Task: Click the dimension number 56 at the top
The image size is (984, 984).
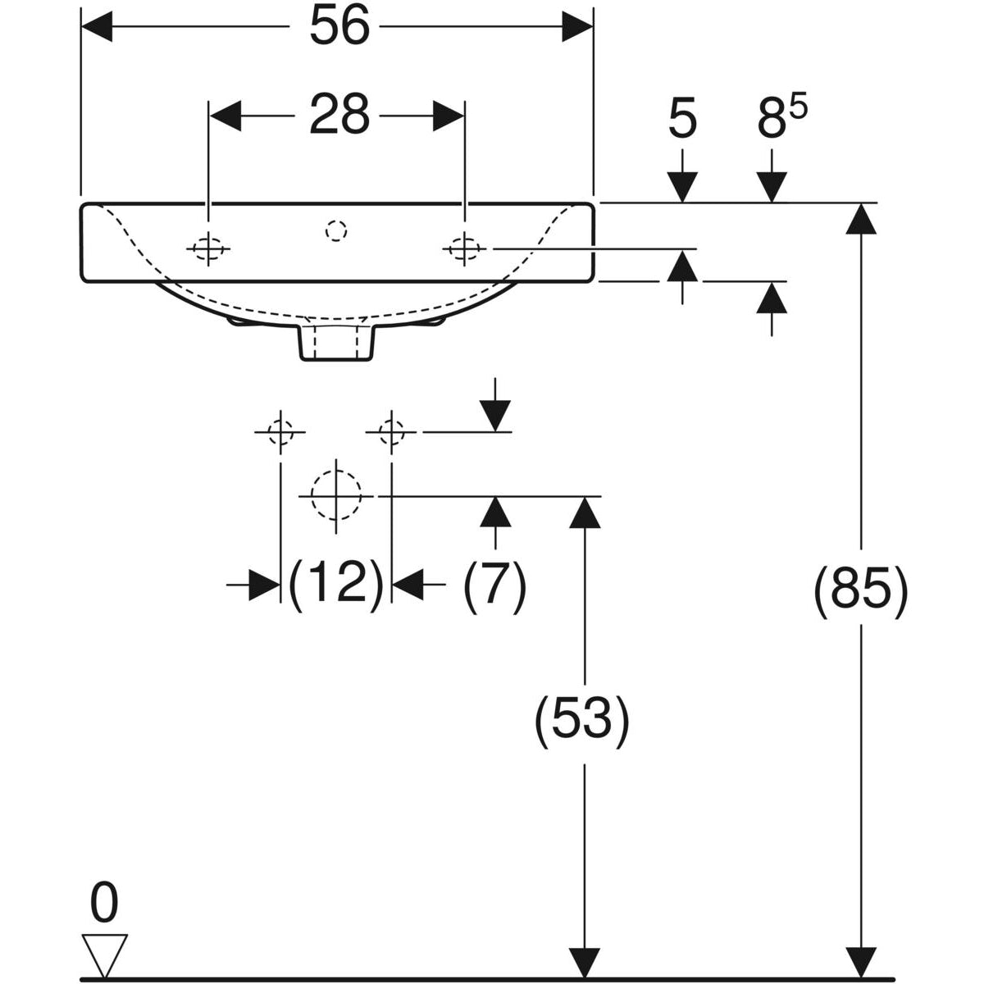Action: point(339,28)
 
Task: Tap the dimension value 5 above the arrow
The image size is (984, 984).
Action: point(682,119)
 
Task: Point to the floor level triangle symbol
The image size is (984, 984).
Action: point(104,954)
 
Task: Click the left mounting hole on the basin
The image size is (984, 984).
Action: point(208,247)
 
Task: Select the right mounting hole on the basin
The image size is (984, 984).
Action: point(464,247)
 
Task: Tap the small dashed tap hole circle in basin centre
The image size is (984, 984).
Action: point(336,232)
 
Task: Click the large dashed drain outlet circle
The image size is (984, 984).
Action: point(336,495)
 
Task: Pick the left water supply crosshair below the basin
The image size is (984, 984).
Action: point(280,430)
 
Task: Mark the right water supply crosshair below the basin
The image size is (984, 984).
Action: point(392,430)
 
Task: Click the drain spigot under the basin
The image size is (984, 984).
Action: point(336,342)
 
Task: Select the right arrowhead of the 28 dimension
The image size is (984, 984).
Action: point(449,116)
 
